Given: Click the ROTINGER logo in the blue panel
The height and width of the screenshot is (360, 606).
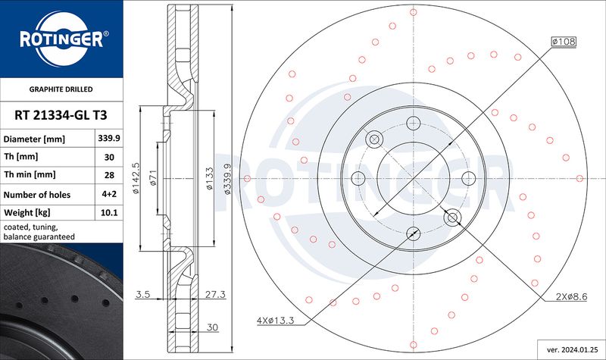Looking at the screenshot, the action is click(x=62, y=39).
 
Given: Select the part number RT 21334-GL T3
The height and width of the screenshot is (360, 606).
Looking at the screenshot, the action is click(x=61, y=115).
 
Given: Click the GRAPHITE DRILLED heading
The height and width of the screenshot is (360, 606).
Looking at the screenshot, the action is click(x=61, y=89).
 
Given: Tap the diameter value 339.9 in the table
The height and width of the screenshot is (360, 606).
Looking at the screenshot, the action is click(x=109, y=138).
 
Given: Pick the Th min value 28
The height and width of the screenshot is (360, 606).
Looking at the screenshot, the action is click(x=109, y=175).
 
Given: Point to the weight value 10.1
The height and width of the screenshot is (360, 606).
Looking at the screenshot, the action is click(x=109, y=213).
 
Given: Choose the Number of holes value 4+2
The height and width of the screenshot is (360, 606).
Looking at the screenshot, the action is click(x=109, y=194).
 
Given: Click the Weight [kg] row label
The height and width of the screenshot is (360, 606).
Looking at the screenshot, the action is click(x=27, y=213).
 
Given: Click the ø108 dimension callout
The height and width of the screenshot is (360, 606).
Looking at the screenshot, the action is click(x=564, y=42).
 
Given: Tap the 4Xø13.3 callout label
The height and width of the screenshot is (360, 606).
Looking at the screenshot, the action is click(x=275, y=321).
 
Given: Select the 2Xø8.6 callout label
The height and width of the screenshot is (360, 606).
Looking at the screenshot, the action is click(x=572, y=297).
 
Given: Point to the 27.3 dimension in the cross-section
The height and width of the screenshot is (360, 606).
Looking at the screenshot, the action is click(x=215, y=294).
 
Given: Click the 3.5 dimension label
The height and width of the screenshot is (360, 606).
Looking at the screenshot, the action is click(x=142, y=294).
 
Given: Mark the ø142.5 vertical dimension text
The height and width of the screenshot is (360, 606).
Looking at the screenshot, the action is click(x=136, y=178).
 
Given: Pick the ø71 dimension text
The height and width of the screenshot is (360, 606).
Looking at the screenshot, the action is click(x=153, y=177).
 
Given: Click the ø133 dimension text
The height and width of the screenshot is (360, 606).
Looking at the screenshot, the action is click(x=209, y=178).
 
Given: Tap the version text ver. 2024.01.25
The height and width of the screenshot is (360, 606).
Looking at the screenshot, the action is click(x=572, y=350).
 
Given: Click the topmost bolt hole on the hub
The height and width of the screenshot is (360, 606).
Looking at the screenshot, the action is click(x=413, y=124).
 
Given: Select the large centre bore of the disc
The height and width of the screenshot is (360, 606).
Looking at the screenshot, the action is click(x=413, y=178).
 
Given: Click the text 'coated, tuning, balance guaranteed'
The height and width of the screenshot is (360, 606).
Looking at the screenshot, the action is click(x=39, y=232).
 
